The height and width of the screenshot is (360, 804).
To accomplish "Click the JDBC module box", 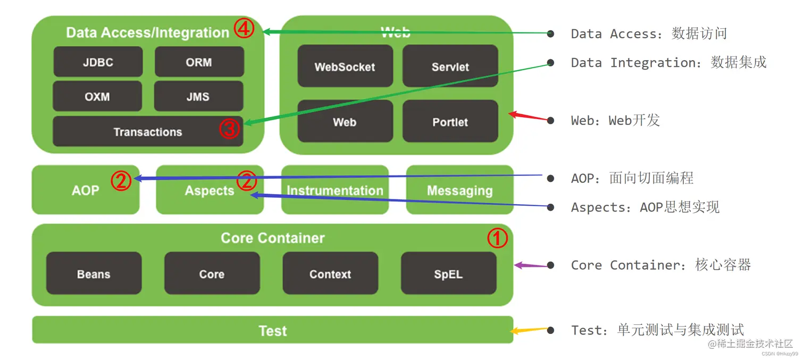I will pos(98,62).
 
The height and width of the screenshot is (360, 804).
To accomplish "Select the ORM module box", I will pos(199,62).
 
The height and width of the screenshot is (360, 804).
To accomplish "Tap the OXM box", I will pos(97,96).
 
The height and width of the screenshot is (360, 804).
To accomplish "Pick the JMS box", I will pos(198,96).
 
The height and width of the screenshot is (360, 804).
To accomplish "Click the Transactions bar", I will pos(148,131).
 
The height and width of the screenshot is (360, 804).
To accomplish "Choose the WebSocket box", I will pos(345,66).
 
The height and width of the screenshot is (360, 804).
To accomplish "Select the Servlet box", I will pos(450,66).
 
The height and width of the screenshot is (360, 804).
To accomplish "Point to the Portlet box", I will pos(450,121).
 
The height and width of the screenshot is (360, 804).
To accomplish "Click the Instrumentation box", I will pos(335,190).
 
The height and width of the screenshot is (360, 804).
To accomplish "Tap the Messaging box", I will pos(459,190).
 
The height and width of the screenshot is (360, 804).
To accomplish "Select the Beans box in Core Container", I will pos(94,273).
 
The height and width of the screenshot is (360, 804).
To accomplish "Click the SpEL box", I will pos(448,273).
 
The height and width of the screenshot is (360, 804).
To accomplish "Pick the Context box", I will pos(330,273).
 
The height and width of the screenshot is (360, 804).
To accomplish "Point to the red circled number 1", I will pos(498,239).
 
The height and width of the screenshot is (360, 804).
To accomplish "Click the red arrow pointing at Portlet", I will pos(528,116).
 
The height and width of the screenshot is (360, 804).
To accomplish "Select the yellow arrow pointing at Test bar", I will pos(530,330).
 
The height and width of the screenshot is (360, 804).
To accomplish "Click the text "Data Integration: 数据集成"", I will pos(668,63).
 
